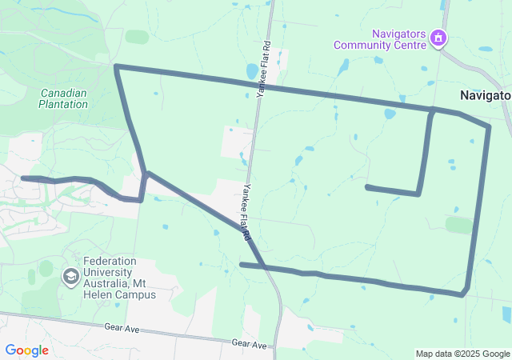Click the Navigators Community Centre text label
click(379, 39)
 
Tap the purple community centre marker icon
click(438, 38)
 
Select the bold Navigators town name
click(485, 95)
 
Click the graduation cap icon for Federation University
click(70, 276)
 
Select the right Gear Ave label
click(248, 342)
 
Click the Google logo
click(26, 350)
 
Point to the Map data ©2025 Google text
click(462, 354)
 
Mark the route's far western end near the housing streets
click(23, 178)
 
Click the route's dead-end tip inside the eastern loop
click(366, 187)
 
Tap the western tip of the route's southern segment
click(242, 264)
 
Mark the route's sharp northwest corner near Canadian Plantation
click(117, 66)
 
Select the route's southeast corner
click(462, 294)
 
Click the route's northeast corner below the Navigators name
click(487, 126)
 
